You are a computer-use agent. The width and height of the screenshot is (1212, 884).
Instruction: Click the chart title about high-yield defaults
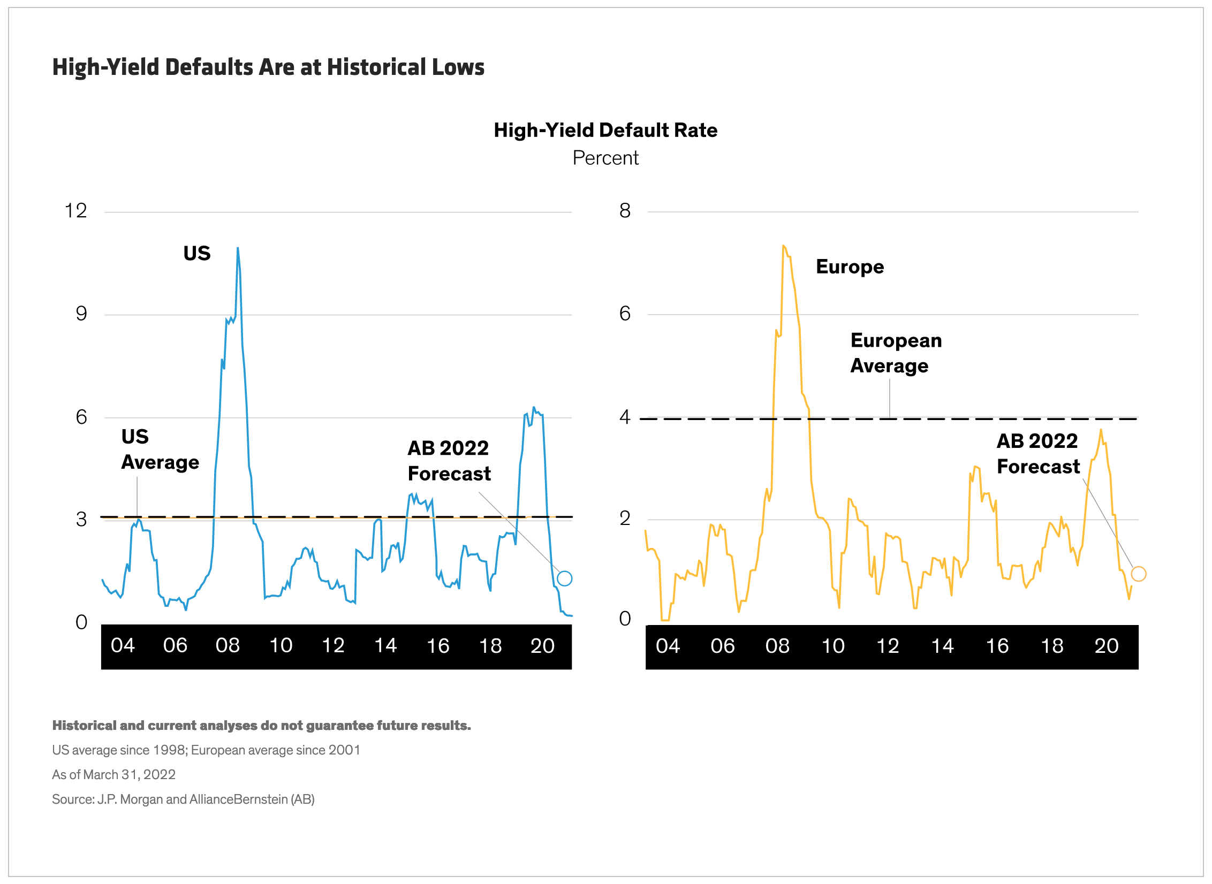click(268, 67)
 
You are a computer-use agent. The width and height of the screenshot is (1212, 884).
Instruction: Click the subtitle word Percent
click(605, 158)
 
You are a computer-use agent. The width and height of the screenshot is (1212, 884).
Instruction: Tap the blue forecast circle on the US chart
click(564, 578)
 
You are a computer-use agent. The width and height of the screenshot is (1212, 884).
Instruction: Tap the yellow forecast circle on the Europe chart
click(1138, 574)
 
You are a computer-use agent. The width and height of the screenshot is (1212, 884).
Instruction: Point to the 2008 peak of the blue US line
click(238, 248)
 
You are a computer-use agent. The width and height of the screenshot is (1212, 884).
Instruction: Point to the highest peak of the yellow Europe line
click(783, 246)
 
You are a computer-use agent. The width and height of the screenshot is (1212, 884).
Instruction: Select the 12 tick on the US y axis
click(75, 211)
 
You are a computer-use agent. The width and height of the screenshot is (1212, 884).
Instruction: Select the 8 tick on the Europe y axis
click(625, 211)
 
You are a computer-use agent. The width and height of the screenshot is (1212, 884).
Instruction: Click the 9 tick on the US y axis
click(81, 314)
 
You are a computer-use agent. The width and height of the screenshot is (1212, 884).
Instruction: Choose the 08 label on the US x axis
click(228, 646)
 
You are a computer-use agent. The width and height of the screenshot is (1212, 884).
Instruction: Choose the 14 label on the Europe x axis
click(942, 646)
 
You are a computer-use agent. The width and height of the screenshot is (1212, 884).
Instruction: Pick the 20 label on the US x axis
click(542, 646)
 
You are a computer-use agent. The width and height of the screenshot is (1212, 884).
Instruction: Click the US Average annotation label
click(160, 449)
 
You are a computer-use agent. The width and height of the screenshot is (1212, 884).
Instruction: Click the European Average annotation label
click(896, 353)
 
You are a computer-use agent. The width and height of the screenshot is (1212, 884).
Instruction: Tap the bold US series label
click(197, 253)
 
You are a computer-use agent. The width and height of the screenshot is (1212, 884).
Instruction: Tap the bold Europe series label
click(850, 266)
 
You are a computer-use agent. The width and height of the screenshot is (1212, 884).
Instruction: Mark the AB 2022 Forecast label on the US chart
click(449, 461)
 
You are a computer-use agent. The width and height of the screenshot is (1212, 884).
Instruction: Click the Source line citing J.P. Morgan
click(183, 799)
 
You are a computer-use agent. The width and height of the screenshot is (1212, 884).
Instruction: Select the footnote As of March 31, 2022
click(113, 775)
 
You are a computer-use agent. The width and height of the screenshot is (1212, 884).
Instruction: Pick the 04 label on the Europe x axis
click(668, 646)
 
